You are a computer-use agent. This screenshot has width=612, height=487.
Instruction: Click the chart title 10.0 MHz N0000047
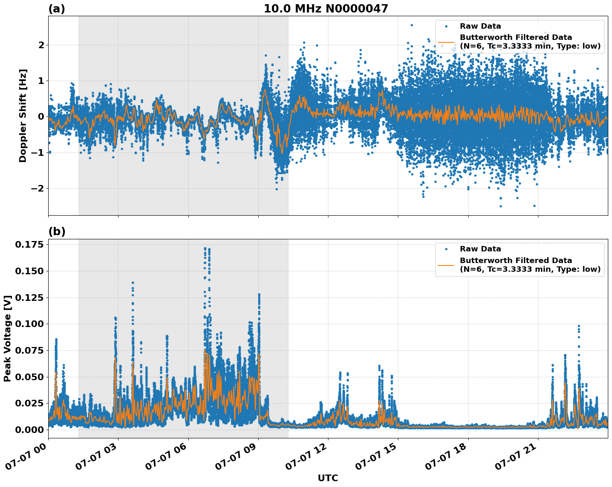326,9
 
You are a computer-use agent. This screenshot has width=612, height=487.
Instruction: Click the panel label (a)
57,9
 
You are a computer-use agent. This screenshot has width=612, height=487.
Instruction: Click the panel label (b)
57,231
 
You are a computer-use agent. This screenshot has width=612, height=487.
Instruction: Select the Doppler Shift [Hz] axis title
23,116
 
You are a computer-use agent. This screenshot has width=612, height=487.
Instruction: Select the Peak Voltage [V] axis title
7,338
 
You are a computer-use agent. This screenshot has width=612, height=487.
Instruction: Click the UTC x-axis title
328,478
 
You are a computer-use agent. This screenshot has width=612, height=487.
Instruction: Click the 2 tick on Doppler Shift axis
41,45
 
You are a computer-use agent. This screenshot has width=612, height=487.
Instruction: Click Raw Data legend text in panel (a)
480,26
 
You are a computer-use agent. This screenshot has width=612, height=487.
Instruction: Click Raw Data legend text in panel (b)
480,249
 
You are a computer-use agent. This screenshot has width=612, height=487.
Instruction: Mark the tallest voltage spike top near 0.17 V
205,248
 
